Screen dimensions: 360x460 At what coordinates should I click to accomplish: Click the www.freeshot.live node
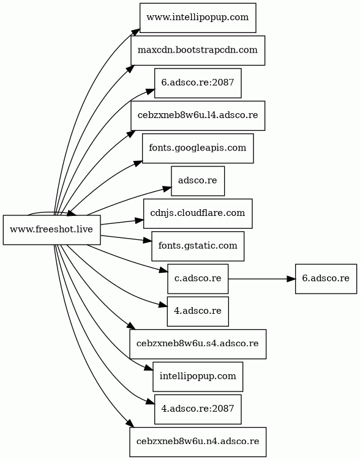point(51,230)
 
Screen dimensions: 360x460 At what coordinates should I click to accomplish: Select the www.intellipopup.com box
point(198,18)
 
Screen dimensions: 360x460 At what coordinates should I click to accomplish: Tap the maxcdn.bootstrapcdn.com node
point(198,50)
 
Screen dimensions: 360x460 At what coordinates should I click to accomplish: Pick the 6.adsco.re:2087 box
point(198,83)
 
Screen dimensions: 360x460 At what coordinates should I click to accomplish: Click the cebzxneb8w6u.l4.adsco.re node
point(198,116)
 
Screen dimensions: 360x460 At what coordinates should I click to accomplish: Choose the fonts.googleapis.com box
point(198,148)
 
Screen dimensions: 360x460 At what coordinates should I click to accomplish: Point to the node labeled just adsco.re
point(198,180)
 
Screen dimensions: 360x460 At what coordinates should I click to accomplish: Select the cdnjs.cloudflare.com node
point(198,213)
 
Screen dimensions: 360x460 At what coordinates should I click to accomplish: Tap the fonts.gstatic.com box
point(198,246)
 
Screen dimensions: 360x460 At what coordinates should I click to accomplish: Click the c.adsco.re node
point(198,278)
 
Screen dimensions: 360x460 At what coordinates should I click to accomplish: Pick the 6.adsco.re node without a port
point(326,278)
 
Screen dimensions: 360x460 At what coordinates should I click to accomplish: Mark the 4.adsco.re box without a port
point(198,311)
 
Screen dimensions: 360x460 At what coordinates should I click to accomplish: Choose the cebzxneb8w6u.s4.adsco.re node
point(198,344)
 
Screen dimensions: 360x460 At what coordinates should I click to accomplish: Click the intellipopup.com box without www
point(198,376)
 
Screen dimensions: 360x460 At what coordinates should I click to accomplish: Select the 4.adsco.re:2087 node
point(198,409)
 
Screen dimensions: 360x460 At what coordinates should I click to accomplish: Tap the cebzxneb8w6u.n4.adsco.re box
point(198,442)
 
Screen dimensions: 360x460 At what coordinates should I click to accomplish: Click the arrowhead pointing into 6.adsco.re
point(291,278)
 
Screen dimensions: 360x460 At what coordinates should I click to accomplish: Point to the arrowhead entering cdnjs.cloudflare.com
point(139,220)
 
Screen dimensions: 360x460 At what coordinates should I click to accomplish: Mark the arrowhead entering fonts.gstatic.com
point(147,240)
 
